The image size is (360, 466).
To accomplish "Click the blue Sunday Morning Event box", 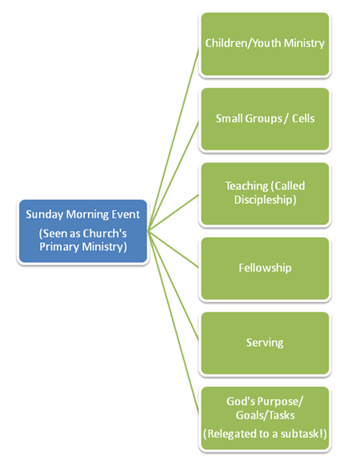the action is (x=83, y=231).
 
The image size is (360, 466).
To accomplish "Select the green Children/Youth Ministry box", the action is (x=265, y=44).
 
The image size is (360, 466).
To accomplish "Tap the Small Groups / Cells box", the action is (x=265, y=119).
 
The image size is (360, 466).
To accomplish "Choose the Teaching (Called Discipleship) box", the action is (x=265, y=193).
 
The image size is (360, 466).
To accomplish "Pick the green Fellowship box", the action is (x=265, y=269).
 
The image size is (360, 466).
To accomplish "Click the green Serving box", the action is (x=265, y=343).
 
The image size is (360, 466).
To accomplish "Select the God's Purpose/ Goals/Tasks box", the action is (x=265, y=418).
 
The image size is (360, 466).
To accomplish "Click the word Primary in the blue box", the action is (x=59, y=247).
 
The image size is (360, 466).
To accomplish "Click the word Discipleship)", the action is (x=265, y=200).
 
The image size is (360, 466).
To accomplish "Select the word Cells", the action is (x=303, y=118).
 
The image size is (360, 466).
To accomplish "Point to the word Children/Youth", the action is (x=243, y=43).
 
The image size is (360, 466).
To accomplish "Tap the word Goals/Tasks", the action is (x=265, y=415).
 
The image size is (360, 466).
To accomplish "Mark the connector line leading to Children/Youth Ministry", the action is (x=173, y=140).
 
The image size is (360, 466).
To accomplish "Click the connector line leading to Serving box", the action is (x=173, y=285).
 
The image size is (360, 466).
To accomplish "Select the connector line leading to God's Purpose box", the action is (x=173, y=322).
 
